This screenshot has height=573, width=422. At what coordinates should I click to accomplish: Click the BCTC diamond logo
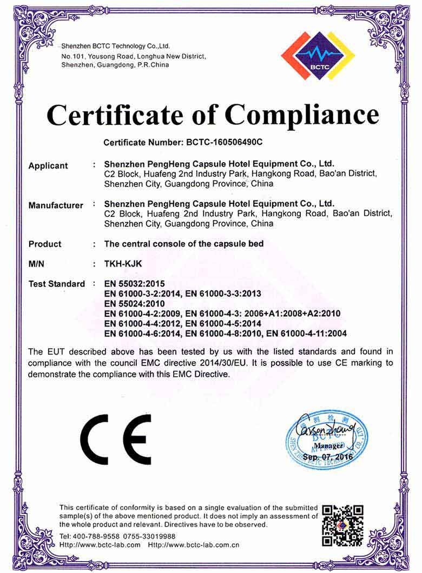tap(318, 56)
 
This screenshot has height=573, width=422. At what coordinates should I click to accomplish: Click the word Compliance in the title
tap(302, 115)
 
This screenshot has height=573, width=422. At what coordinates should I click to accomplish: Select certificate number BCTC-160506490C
tap(224, 143)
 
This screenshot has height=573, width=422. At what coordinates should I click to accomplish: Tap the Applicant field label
tap(48, 166)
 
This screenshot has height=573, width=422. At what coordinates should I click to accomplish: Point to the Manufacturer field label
tap(56, 205)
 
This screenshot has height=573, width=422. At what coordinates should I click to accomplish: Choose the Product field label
tap(45, 244)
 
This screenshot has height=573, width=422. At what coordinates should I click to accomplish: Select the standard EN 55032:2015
tap(134, 283)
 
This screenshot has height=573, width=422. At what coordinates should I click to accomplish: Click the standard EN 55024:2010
tap(134, 303)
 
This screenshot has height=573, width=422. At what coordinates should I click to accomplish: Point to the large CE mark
tap(116, 439)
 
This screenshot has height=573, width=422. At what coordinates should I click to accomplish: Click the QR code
tap(342, 525)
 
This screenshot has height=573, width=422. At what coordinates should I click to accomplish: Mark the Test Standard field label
tap(56, 284)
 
